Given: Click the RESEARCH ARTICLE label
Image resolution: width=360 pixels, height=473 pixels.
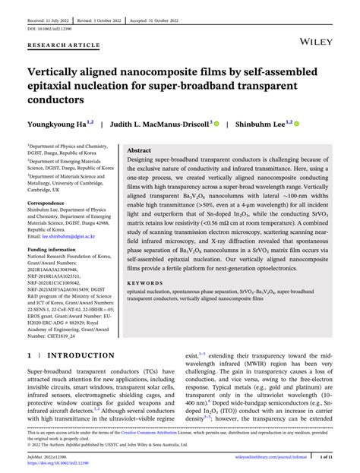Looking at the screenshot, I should click(64, 46).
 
